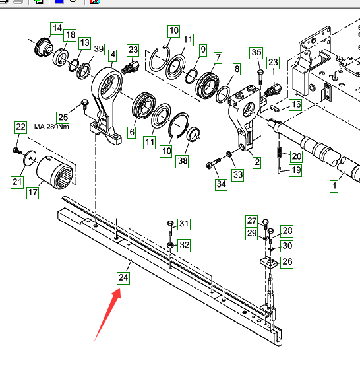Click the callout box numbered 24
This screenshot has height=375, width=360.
123,278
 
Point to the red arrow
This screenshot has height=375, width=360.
107,315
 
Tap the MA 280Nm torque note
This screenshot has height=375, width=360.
51,127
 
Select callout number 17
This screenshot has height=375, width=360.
33,193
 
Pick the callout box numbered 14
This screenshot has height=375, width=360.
57,28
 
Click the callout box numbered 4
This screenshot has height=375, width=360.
113,55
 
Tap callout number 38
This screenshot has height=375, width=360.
182,162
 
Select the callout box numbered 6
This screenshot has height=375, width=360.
132,132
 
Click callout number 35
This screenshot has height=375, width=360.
256,53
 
